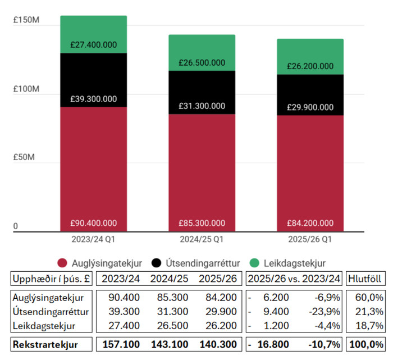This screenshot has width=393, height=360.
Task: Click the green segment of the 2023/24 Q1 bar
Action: tap(93, 34)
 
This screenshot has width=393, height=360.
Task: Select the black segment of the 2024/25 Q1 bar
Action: tap(202, 90)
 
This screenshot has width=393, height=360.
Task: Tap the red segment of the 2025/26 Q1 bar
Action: tap(310, 168)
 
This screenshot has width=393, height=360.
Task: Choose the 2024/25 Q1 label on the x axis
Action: tap(202, 239)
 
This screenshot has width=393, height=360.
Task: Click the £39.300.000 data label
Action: tap(94, 99)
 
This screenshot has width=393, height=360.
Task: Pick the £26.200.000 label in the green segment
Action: tap(310, 66)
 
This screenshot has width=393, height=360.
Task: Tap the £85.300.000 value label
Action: tap(202, 223)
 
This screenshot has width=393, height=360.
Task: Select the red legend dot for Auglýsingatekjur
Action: tap(62, 263)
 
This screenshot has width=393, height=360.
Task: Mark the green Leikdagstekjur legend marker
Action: tap(254, 263)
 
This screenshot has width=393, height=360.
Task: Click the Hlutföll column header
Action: tap(366, 278)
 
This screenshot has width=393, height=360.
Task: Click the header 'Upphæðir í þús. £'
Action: tap(52, 278)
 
